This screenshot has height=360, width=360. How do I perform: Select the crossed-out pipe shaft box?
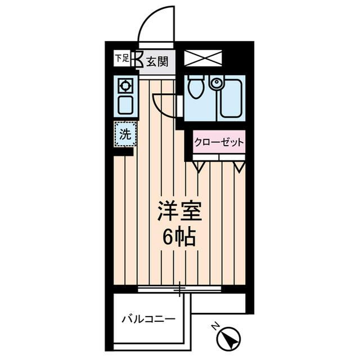(204, 58)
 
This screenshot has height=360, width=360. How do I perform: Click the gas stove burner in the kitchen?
(125, 86)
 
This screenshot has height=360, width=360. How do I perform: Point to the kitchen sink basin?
(125, 106)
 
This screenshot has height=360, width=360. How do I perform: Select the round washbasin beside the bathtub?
(216, 83)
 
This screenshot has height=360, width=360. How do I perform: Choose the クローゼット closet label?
(219, 142)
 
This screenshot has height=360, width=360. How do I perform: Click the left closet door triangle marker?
(199, 166)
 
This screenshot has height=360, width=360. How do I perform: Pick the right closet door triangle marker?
(240, 166)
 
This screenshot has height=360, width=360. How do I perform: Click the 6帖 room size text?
(179, 238)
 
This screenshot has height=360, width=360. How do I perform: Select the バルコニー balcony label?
(148, 319)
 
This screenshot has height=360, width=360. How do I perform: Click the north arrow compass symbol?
(228, 339)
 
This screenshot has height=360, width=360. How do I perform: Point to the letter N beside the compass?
(215, 326)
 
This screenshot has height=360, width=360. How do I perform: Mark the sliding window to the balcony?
(180, 289)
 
